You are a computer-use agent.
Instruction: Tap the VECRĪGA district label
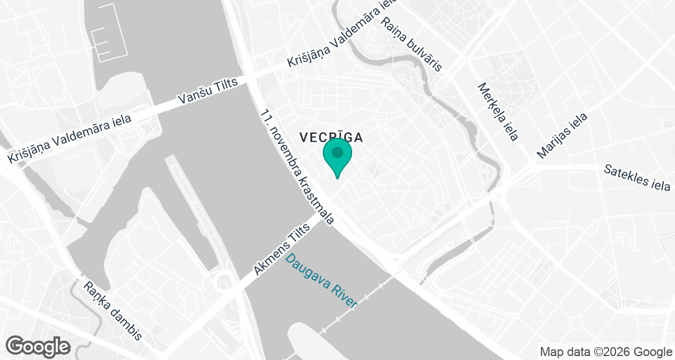pos(330,137)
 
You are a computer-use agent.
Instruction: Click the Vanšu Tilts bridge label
pos(212,91)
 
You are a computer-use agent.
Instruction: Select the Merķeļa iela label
pos(498,112)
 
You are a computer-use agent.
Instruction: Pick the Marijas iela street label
pos(562,136)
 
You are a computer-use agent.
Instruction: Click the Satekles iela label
pos(637,178)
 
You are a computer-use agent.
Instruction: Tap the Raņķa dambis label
pos(112,310)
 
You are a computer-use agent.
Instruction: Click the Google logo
pos(38,345)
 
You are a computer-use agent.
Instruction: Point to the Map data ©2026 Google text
pos(605,352)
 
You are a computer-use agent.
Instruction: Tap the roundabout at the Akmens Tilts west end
pos(224,280)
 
